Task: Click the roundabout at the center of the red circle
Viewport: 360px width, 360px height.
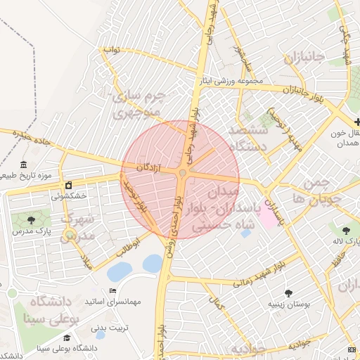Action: coord(182,172)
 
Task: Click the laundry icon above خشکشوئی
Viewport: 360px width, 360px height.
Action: coord(68,185)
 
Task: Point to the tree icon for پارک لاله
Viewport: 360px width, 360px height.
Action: coord(345,230)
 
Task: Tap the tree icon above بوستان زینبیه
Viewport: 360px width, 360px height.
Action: coord(288,293)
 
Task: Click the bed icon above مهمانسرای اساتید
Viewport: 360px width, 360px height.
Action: coord(112,291)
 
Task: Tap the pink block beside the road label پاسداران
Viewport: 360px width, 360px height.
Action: coord(269,217)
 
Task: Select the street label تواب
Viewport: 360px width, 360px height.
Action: coord(112,50)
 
